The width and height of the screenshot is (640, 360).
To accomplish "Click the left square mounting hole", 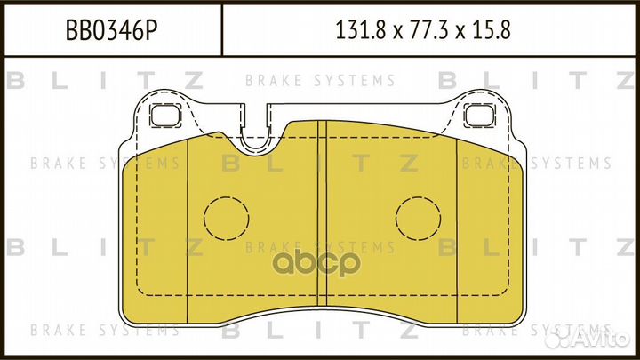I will click(x=164, y=115).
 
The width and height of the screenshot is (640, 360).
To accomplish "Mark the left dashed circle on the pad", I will click(x=227, y=217).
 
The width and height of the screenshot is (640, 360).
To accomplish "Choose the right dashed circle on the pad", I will click(x=419, y=217).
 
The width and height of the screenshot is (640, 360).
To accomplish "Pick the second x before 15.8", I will click(x=460, y=34).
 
